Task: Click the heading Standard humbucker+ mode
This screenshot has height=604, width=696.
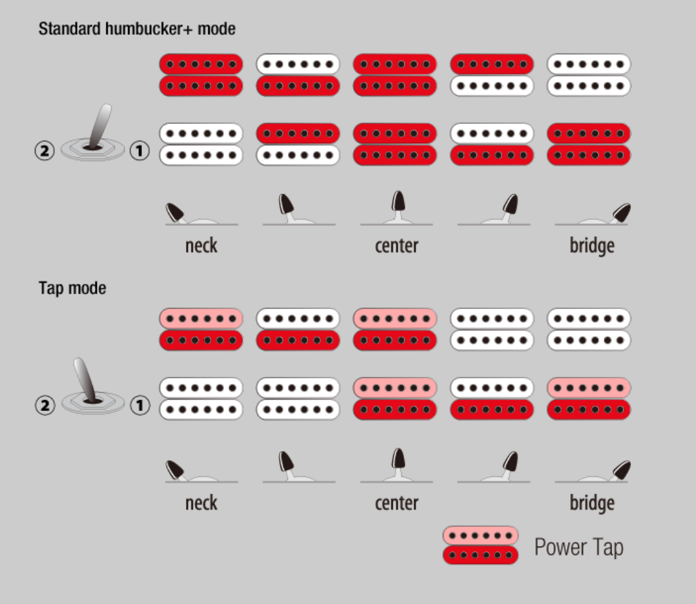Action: coord(137,29)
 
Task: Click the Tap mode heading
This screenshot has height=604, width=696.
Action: coord(72,288)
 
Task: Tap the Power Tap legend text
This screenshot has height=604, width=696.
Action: coord(578,547)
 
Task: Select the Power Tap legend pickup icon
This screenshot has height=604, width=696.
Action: coord(480,545)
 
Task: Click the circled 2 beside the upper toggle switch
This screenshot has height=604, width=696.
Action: coord(44,151)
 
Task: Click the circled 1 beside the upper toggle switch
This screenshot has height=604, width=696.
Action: coord(139,151)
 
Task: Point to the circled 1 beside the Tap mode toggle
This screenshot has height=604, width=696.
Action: coord(139,405)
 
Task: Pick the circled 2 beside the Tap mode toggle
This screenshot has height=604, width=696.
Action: coord(44,405)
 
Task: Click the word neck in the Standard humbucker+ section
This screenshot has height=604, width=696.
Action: coord(201,246)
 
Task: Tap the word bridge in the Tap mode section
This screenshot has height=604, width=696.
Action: coord(591,503)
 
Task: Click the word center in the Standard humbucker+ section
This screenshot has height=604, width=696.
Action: coord(396,246)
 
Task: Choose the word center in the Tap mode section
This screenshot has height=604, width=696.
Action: coord(396,503)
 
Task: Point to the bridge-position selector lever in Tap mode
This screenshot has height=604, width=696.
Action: coord(622,469)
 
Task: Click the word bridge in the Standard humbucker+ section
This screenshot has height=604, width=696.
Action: coord(591,246)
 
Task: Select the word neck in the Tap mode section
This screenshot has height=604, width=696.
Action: coord(201,503)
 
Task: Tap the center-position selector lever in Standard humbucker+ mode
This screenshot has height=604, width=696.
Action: coord(399,203)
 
